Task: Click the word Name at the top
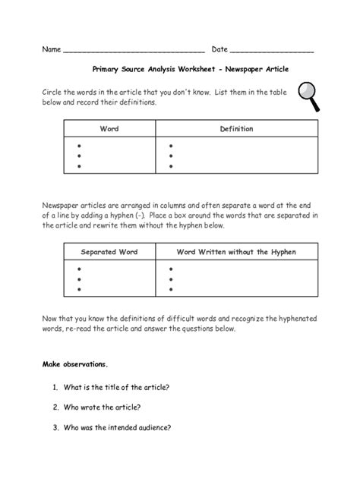(51, 49)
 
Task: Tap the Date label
(219, 49)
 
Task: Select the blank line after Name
(134, 52)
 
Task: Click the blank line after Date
(272, 52)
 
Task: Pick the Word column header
(110, 129)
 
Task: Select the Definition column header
(236, 129)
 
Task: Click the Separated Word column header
(110, 251)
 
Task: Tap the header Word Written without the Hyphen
(236, 251)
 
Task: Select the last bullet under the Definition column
(171, 165)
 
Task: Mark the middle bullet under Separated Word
(78, 279)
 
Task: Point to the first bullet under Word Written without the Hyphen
(171, 269)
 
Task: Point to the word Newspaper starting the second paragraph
(62, 205)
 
